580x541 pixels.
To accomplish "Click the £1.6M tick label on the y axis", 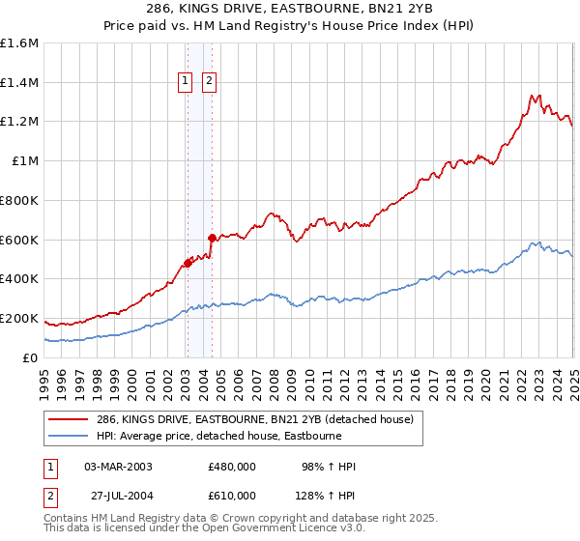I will [20, 43].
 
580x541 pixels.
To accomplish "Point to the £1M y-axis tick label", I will [25, 161].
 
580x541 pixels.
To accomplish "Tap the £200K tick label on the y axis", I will [19, 318].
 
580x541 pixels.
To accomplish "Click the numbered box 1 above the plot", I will [184, 82].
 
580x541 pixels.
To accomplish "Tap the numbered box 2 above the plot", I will [208, 82].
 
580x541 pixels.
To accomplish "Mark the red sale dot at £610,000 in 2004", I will [212, 237].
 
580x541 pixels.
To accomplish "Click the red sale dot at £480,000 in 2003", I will [188, 263].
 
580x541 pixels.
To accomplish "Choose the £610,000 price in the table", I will [232, 496].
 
